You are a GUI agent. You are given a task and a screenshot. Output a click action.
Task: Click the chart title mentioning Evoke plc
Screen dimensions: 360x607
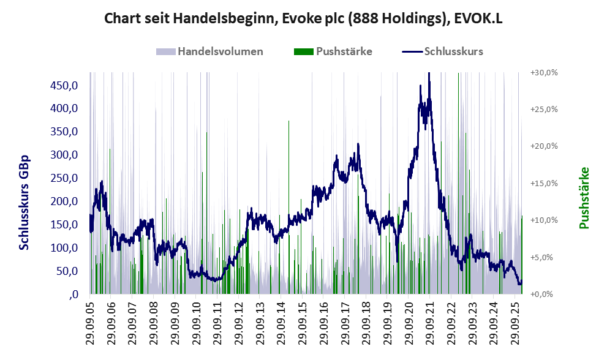[303, 18]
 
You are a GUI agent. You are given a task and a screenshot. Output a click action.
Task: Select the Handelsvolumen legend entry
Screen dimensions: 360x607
[220, 51]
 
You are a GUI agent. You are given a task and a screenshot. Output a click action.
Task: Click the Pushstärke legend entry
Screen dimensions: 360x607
[344, 51]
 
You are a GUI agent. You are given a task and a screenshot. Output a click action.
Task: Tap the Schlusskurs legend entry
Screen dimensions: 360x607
[453, 51]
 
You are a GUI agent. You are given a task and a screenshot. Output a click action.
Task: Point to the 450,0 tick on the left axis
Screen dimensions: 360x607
[64, 85]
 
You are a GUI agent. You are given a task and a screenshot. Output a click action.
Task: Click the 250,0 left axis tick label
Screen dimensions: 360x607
[64, 178]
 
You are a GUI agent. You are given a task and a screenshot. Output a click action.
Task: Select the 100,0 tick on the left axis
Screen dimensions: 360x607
[64, 248]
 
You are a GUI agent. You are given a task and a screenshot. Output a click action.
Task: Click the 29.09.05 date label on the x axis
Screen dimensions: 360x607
[90, 323]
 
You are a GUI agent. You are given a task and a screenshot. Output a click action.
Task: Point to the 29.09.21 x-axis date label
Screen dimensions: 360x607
[430, 323]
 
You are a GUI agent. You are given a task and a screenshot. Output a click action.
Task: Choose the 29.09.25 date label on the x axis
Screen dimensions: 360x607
[515, 323]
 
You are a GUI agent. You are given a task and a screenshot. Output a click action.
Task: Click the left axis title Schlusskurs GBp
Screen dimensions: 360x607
[25, 202]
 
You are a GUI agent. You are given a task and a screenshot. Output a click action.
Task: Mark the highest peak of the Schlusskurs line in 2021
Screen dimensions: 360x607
[429, 74]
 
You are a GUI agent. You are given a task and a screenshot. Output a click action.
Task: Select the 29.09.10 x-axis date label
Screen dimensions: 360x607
[196, 323]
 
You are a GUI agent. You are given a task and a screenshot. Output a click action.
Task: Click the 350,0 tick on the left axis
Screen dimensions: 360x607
[64, 132]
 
